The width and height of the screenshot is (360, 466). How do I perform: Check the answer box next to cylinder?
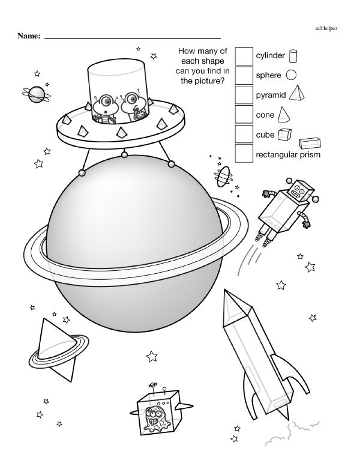244,56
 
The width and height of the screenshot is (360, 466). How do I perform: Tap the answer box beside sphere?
244,75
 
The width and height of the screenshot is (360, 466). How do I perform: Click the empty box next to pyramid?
244,95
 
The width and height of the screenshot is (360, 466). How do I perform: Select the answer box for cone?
244,114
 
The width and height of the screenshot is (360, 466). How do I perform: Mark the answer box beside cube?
244,134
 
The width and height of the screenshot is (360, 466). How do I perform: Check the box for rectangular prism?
244,154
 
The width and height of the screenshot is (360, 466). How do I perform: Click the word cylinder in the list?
270,56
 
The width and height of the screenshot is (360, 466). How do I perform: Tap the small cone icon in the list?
285,113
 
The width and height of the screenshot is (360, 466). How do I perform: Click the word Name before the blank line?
28,37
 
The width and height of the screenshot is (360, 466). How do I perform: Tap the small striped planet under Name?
36,93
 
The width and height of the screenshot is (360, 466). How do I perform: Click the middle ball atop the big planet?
124,156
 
